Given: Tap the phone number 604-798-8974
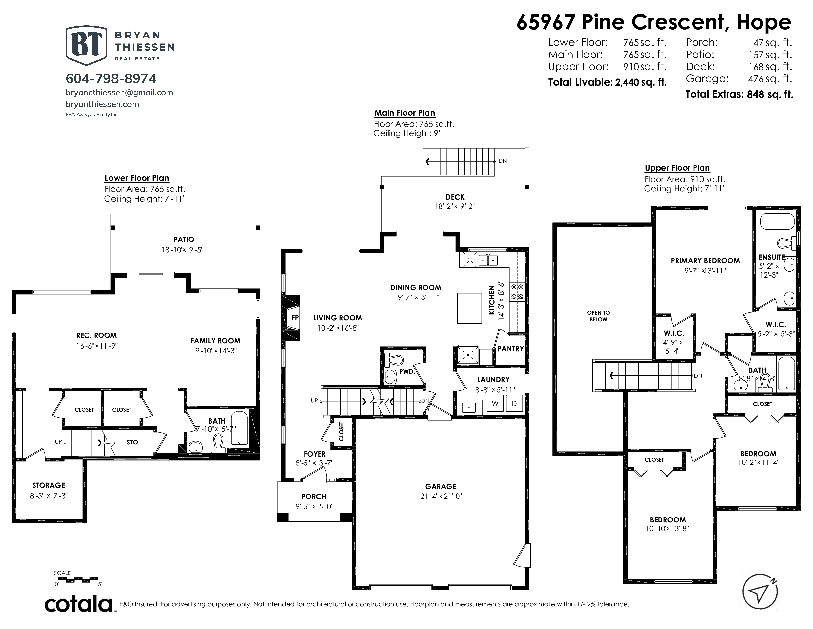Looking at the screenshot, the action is tap(111, 79).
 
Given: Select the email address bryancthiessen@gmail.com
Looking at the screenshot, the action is tap(119, 92).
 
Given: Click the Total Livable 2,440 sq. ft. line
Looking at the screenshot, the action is tap(607, 82).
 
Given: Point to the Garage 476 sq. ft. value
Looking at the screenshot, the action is tap(770, 79).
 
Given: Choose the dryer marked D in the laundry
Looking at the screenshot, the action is tap(514, 404).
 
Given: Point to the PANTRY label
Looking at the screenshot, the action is tap(510, 349).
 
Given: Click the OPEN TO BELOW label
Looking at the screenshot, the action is tap(598, 316).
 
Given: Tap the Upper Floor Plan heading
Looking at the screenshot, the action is tap(677, 168).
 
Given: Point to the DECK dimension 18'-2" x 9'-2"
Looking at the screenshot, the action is tap(455, 206).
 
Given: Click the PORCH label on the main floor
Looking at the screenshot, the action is tap(314, 496).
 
